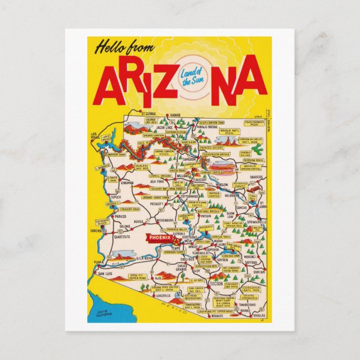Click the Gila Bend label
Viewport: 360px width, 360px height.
pos(145,258)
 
